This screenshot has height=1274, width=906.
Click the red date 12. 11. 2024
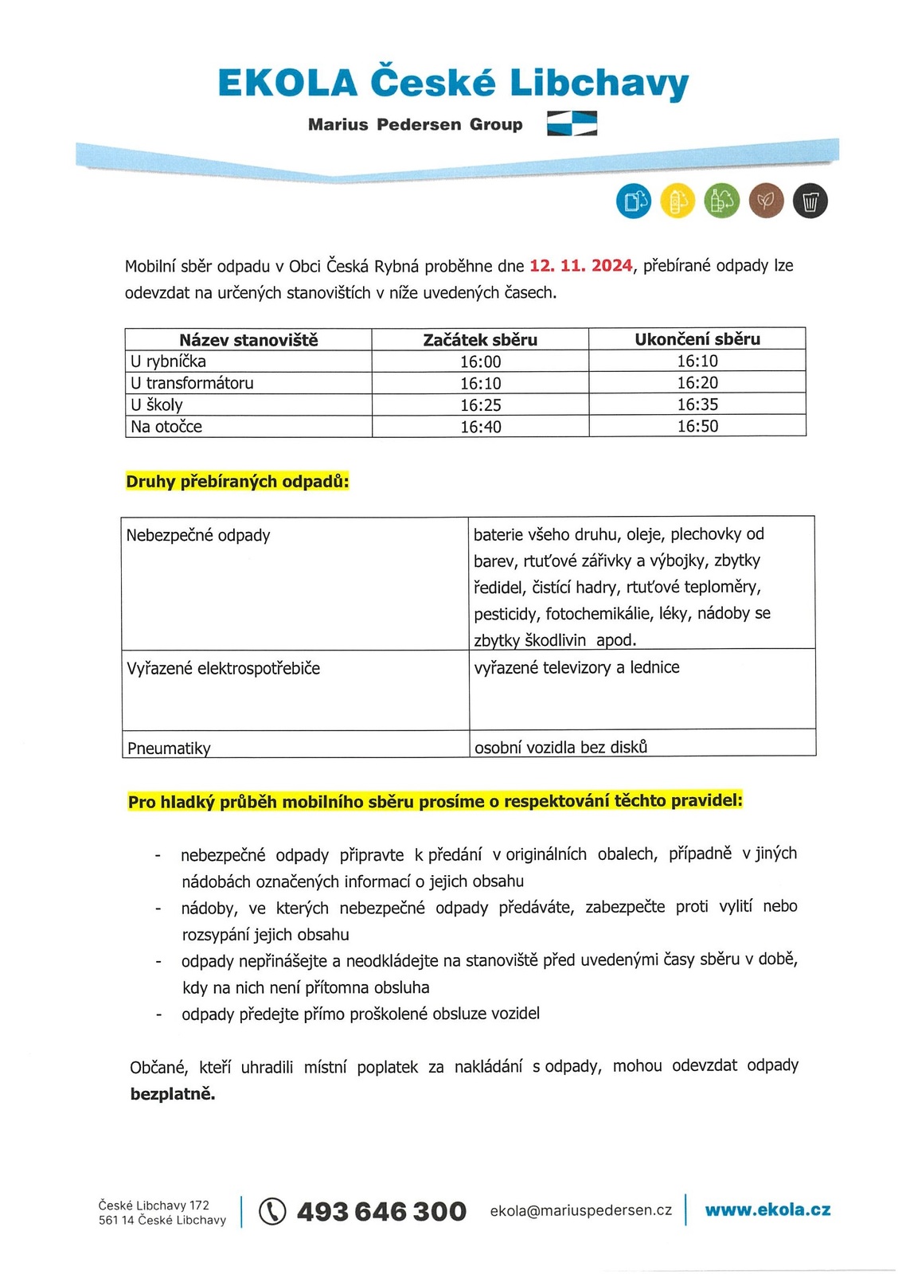(x=581, y=266)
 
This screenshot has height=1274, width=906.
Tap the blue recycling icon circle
(x=634, y=201)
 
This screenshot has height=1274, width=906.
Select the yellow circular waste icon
(x=678, y=201)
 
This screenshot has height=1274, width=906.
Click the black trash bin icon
(x=810, y=201)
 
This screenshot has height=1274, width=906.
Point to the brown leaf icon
(x=766, y=201)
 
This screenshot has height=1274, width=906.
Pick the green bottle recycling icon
(x=721, y=201)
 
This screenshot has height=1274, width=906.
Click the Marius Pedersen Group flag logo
(x=572, y=124)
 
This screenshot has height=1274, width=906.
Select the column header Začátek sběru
(x=480, y=340)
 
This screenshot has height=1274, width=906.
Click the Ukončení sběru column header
(x=697, y=339)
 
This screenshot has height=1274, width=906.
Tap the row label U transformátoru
(x=192, y=383)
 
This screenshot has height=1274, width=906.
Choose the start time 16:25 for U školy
(x=480, y=405)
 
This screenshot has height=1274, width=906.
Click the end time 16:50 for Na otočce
(x=697, y=426)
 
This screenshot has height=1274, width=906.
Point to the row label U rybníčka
(x=168, y=361)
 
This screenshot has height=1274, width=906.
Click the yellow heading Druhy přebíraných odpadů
(x=237, y=482)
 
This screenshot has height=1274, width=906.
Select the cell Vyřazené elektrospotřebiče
(x=223, y=668)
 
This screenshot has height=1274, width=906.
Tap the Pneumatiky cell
(x=169, y=748)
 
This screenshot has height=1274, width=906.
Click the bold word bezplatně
(x=173, y=1094)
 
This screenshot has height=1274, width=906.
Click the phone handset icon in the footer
(x=272, y=1211)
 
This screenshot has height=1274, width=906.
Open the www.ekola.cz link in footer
(x=767, y=1210)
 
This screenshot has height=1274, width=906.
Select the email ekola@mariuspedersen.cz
(x=581, y=1210)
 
